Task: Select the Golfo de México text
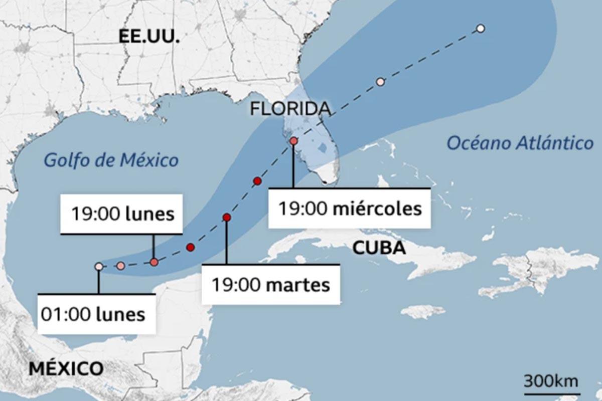[111, 160]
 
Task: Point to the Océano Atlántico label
[520, 143]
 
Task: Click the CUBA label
[379, 248]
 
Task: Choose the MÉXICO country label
[66, 368]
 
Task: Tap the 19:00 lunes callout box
[121, 215]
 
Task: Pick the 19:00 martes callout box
[271, 285]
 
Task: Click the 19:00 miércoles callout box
[350, 208]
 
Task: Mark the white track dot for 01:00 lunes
[99, 267]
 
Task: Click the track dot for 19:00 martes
[227, 218]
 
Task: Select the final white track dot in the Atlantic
[480, 29]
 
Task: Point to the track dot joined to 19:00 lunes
[154, 262]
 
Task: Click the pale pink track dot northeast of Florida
[380, 82]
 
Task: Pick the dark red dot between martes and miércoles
[258, 181]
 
